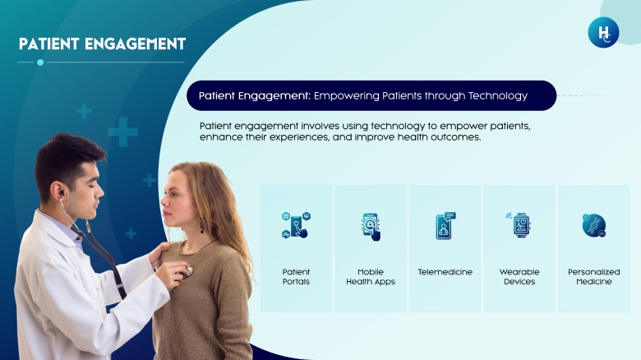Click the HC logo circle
click(603, 32)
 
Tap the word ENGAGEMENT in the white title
click(136, 44)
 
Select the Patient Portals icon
click(296, 225)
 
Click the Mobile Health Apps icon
click(371, 227)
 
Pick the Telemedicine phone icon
click(445, 225)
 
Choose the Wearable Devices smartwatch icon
click(519, 224)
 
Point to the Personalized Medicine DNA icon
click(594, 225)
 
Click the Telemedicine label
click(445, 272)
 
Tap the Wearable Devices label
click(519, 276)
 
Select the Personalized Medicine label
click(594, 276)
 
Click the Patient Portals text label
click(296, 276)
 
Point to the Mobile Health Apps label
click(371, 276)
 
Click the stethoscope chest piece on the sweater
click(188, 271)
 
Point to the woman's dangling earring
click(201, 226)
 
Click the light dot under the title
click(40, 62)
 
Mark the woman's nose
click(164, 201)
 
